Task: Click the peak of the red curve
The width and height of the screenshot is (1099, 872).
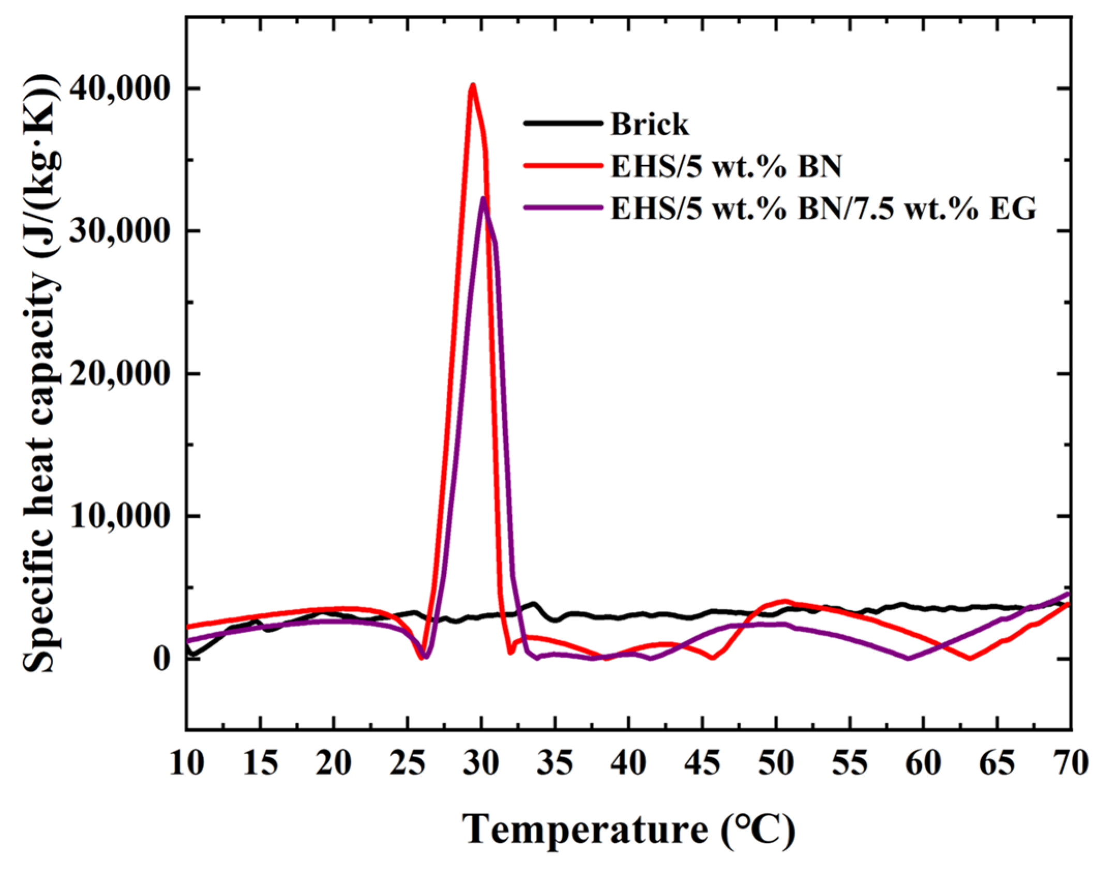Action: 472,85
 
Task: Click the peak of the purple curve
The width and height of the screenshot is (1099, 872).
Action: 483,199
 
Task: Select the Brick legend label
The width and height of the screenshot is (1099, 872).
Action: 650,125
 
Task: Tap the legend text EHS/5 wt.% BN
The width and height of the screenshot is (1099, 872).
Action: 726,167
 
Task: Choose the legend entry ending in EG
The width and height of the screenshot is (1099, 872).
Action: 823,209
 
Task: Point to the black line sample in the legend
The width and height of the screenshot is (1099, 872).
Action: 563,124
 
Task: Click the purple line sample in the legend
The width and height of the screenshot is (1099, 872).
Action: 563,208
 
